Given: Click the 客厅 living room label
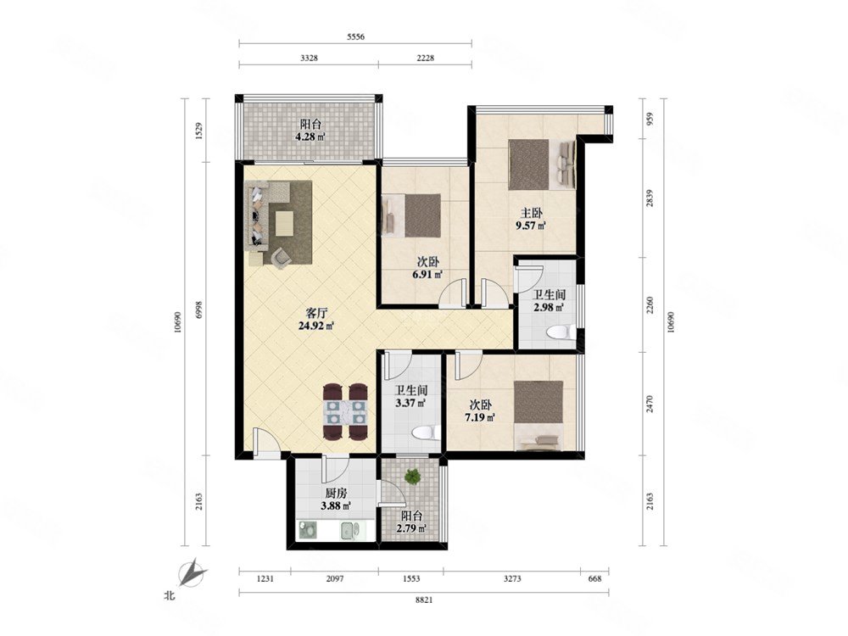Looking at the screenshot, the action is click(x=316, y=313).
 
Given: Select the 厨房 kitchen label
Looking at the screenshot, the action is click(x=336, y=494).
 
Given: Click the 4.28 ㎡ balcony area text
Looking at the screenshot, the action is click(x=310, y=137).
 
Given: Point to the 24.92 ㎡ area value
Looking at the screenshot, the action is click(x=315, y=326).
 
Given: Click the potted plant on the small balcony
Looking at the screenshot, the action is click(x=413, y=477).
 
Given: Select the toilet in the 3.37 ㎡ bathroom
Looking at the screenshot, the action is click(x=425, y=433).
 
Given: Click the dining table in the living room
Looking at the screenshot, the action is click(x=346, y=412).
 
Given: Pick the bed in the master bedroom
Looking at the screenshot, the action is click(x=542, y=165).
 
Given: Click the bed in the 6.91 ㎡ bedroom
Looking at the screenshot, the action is click(x=411, y=215).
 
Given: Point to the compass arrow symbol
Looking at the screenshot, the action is click(x=192, y=573).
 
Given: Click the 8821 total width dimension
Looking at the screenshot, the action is click(x=424, y=600).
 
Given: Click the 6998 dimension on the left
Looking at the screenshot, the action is click(x=198, y=309).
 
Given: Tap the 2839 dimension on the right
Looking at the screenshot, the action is click(x=650, y=198).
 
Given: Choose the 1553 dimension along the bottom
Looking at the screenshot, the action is click(x=411, y=578).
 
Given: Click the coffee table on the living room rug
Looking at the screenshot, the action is click(x=284, y=223).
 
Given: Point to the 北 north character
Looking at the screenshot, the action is click(x=170, y=596).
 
